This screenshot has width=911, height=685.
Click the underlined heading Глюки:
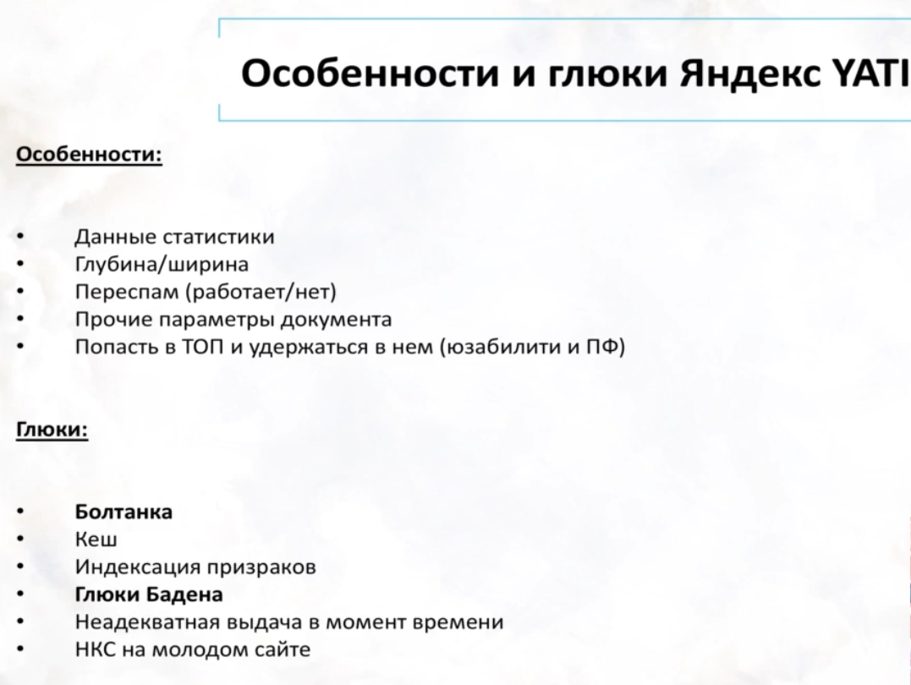tap(52, 430)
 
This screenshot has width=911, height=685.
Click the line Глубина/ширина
tap(162, 265)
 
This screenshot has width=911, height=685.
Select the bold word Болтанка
tap(123, 512)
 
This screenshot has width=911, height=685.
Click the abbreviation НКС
tap(95, 649)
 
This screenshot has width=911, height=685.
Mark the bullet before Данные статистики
tap(20, 238)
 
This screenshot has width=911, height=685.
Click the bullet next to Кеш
tap(20, 540)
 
